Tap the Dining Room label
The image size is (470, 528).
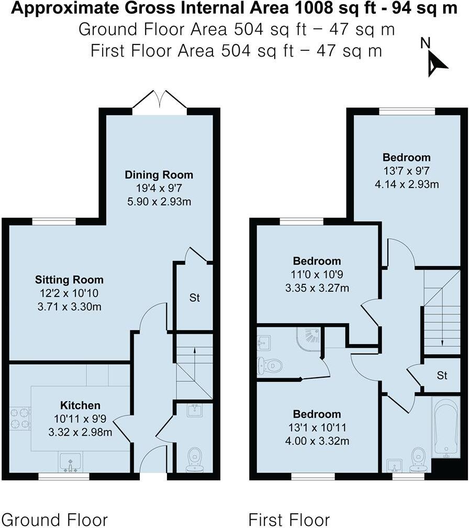159,175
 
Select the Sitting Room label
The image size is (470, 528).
69,280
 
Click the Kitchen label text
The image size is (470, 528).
80,405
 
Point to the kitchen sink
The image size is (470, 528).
70,462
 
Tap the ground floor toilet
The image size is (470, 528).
195,459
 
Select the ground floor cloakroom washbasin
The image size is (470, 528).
195,411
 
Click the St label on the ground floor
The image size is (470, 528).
195,299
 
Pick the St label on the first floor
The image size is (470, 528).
442,376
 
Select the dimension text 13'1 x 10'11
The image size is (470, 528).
317,428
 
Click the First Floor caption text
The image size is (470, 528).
289,520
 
